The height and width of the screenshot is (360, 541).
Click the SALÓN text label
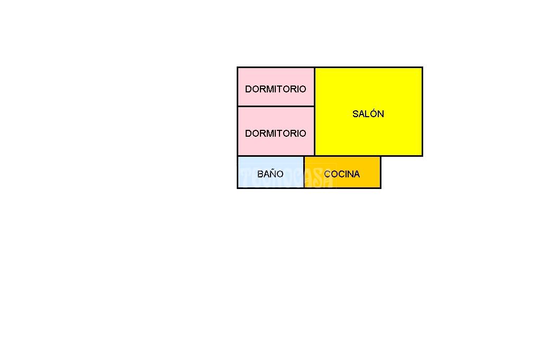(368, 113)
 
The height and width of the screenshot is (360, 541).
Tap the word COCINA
(342, 174)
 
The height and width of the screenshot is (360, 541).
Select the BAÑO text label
(270, 174)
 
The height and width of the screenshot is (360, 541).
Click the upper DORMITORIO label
(275, 89)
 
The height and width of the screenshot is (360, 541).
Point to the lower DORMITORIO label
(275, 133)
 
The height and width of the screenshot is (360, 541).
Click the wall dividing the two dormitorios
(276, 107)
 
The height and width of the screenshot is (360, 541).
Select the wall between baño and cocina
(304, 172)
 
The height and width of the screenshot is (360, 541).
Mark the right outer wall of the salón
(422, 112)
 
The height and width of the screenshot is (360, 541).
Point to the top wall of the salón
(368, 68)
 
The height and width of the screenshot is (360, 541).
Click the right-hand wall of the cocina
(380, 172)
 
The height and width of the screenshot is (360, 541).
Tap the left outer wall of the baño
(237, 172)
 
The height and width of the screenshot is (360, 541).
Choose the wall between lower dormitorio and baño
(270, 156)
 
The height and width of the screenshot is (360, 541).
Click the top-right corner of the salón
(422, 68)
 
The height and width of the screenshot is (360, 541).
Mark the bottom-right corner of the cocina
(380, 188)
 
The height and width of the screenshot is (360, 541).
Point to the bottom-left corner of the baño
(237, 188)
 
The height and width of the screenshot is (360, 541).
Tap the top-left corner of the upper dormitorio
(237, 68)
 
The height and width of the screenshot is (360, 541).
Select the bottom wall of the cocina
(342, 188)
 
